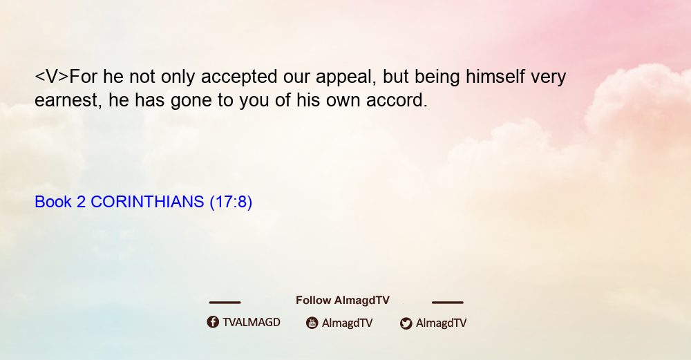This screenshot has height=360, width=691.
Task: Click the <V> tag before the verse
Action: click(x=52, y=77)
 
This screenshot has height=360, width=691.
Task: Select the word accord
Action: click(x=397, y=100)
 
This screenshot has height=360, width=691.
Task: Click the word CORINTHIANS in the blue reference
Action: click(x=147, y=202)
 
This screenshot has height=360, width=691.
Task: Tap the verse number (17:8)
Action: click(x=231, y=202)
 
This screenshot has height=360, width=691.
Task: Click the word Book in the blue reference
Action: click(x=53, y=202)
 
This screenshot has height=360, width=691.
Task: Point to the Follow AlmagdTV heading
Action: click(x=343, y=301)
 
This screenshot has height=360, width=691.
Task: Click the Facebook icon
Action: click(x=213, y=322)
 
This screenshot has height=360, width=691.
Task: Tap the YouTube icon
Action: click(x=312, y=323)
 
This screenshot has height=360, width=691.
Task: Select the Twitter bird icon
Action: click(x=406, y=323)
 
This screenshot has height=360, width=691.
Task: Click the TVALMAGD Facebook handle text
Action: click(x=252, y=323)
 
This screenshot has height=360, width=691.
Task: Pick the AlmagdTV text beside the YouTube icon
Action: click(x=348, y=323)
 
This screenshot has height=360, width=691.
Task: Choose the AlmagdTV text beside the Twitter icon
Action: click(x=441, y=323)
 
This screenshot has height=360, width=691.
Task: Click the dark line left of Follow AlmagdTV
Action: click(x=225, y=302)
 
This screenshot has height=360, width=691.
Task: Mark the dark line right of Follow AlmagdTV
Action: click(x=448, y=302)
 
